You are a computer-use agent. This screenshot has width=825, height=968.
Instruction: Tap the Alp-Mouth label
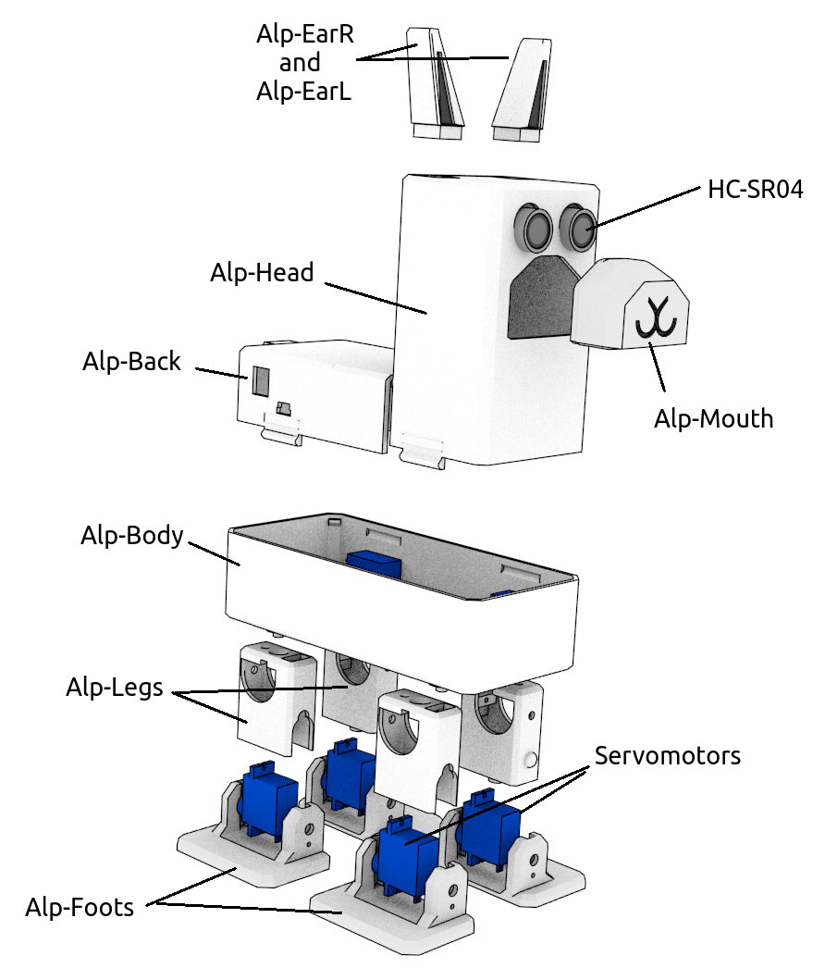click(713, 418)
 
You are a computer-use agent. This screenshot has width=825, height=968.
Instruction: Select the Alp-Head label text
click(262, 273)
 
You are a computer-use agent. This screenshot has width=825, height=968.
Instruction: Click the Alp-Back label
click(131, 361)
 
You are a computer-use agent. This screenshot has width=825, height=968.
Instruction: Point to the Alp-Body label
click(132, 535)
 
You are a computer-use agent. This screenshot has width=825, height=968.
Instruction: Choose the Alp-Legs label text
click(114, 688)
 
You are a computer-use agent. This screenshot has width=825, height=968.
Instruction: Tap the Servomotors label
click(667, 755)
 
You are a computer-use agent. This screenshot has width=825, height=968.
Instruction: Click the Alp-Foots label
click(80, 906)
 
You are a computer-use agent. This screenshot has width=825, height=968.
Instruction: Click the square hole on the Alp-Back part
click(261, 378)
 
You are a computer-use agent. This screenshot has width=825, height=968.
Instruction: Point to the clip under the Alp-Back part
click(282, 428)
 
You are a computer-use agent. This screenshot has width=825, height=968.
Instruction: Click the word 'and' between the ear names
click(300, 63)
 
